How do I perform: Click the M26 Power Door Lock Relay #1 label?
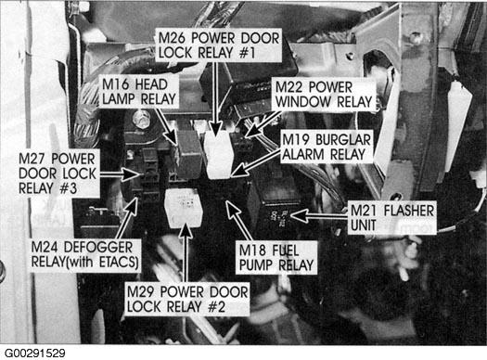[x=219, y=45]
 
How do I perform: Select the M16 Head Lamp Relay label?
[x=139, y=92]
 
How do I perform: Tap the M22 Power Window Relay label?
[x=324, y=95]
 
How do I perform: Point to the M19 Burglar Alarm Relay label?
[x=327, y=147]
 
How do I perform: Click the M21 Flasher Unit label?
[x=392, y=218]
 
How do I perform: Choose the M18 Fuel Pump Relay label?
[x=276, y=258]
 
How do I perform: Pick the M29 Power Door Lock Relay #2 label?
[x=187, y=299]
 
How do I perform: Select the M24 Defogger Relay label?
[x=84, y=255]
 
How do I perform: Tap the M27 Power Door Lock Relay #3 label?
[x=58, y=174]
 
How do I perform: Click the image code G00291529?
[x=35, y=354]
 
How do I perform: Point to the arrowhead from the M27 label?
[x=132, y=174]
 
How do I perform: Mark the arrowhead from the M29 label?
[x=186, y=229]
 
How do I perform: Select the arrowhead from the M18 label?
[x=232, y=209]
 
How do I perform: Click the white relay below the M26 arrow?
[x=218, y=154]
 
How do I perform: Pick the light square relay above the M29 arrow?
[x=185, y=207]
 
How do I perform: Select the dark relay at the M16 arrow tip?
[x=189, y=154]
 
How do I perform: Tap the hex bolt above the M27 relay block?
[x=141, y=120]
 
